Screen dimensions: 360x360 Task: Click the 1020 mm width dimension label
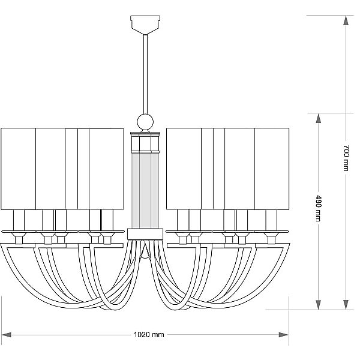pos(149,335)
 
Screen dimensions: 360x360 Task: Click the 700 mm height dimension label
pos(346,158)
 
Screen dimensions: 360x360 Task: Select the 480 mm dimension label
pos(318,208)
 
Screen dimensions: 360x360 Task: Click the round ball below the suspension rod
pos(145,122)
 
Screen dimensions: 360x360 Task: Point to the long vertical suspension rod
pos(145,74)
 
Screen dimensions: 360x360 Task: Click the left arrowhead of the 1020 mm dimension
pos(6,335)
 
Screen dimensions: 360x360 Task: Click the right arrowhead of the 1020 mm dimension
pos(284,335)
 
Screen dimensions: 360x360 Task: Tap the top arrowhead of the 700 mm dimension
pos(346,20)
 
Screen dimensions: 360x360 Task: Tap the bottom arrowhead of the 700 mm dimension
pos(346,304)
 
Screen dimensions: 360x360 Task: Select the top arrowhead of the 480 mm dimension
pos(318,118)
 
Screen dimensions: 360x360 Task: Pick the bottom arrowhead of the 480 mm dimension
pos(318,304)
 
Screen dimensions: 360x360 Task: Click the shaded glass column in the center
pos(145,191)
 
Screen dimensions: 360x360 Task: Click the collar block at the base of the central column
pos(145,234)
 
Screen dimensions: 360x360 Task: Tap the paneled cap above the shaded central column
pos(145,142)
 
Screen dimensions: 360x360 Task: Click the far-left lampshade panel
pos(19,169)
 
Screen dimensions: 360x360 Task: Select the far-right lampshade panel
pos(272,169)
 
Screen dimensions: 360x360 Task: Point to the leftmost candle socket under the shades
pos(19,220)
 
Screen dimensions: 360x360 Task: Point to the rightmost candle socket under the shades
pos(271,220)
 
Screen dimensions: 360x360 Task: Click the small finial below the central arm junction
pos(145,254)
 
